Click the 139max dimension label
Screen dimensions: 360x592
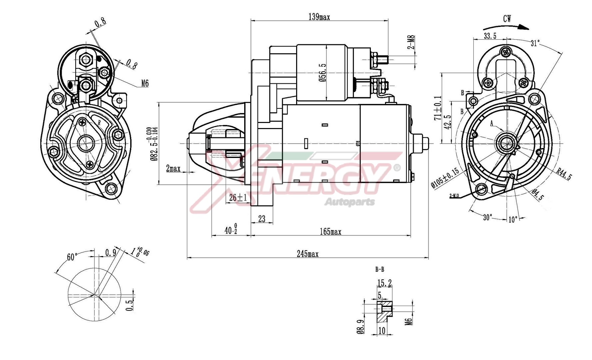[x=319, y=17]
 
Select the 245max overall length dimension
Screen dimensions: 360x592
[x=307, y=254]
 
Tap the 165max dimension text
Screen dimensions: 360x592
[x=330, y=232]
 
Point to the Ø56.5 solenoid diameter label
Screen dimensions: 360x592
[x=322, y=73]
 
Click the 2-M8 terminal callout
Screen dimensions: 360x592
[x=411, y=42]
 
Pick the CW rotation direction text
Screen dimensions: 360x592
[x=507, y=19]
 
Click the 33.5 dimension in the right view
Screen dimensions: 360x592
[x=490, y=36]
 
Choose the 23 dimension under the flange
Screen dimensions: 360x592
[x=262, y=219]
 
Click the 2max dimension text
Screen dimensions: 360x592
[x=173, y=169]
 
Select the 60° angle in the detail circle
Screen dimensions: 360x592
[x=72, y=257]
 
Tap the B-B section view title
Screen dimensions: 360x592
[x=379, y=269]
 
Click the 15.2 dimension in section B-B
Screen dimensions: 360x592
[x=384, y=283]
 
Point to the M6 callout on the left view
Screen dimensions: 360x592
[x=145, y=83]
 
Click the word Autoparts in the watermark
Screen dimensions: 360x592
[x=349, y=202]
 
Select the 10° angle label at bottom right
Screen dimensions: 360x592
[x=513, y=220]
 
